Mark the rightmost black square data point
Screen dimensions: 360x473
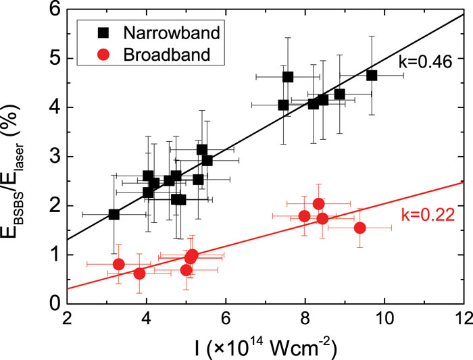(x=372, y=75)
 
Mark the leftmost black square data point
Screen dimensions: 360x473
(x=114, y=214)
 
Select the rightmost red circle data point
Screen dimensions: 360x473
(x=359, y=228)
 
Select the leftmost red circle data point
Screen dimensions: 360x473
(x=118, y=264)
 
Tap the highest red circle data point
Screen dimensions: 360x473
(x=318, y=204)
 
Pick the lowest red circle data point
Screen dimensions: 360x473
(x=139, y=274)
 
